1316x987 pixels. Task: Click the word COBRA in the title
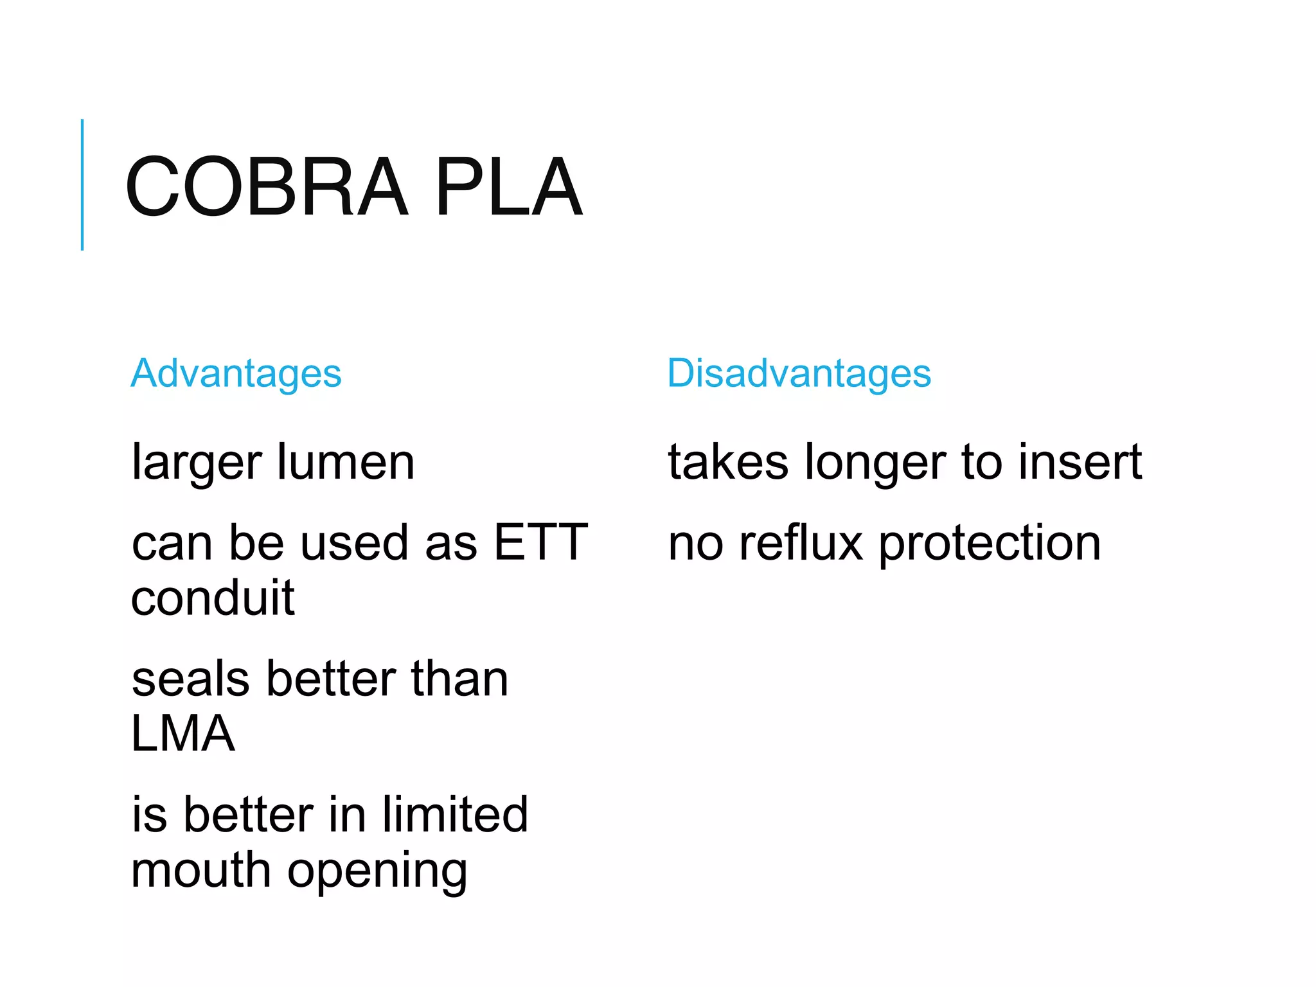(267, 187)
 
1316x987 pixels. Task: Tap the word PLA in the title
(508, 187)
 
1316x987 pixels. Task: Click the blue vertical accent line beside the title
(82, 184)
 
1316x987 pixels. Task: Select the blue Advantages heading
(236, 374)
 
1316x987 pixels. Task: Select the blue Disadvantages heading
(799, 374)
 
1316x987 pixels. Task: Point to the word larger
(197, 463)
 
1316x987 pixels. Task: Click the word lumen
(346, 462)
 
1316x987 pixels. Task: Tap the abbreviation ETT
(540, 543)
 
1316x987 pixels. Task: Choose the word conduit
(213, 598)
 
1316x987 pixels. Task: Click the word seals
(190, 679)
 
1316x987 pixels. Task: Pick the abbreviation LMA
(183, 734)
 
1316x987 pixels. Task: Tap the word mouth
(200, 870)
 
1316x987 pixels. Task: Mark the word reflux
(801, 544)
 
